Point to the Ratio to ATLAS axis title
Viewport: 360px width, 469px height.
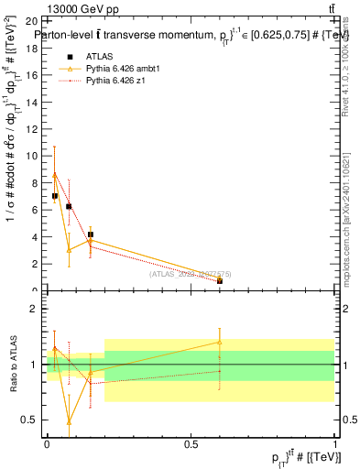pyautogui.click(x=13, y=365)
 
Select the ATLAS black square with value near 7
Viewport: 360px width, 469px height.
pyautogui.click(x=55, y=196)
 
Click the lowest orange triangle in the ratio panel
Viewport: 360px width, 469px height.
pyautogui.click(x=69, y=422)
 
